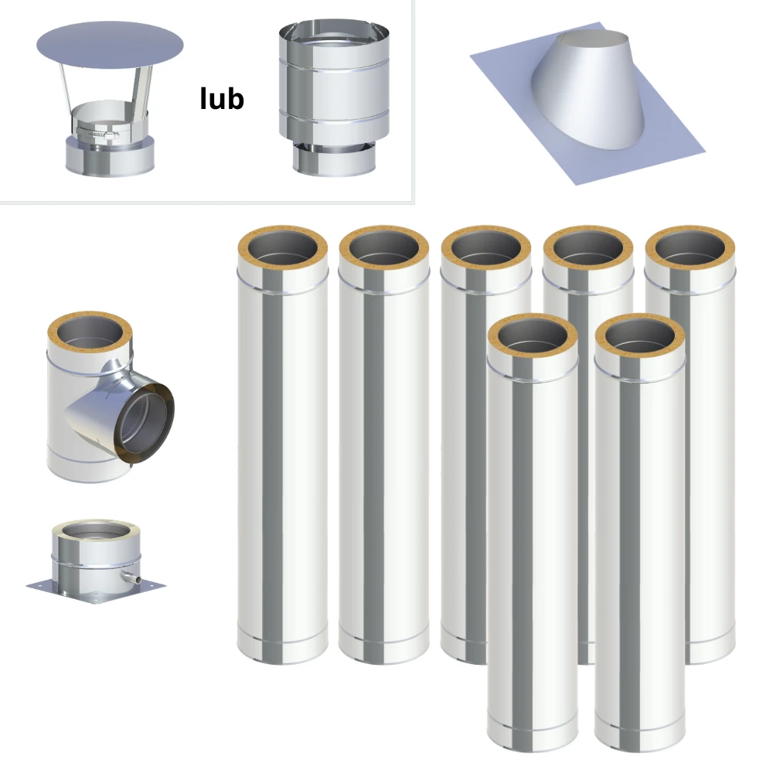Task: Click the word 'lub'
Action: pos(222,98)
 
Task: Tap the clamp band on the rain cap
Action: pos(97,133)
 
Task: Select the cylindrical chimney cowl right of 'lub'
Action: pos(334,97)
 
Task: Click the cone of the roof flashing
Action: pos(589,89)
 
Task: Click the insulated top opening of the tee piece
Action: pos(90,332)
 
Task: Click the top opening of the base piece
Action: pos(96,532)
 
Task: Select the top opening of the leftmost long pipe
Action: pos(282,247)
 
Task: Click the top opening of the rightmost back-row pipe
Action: pos(690,247)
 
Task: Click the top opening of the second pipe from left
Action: pos(384,247)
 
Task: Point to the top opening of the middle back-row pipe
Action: pos(486,247)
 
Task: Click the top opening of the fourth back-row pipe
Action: pos(588,247)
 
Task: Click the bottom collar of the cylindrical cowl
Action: pos(334,159)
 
